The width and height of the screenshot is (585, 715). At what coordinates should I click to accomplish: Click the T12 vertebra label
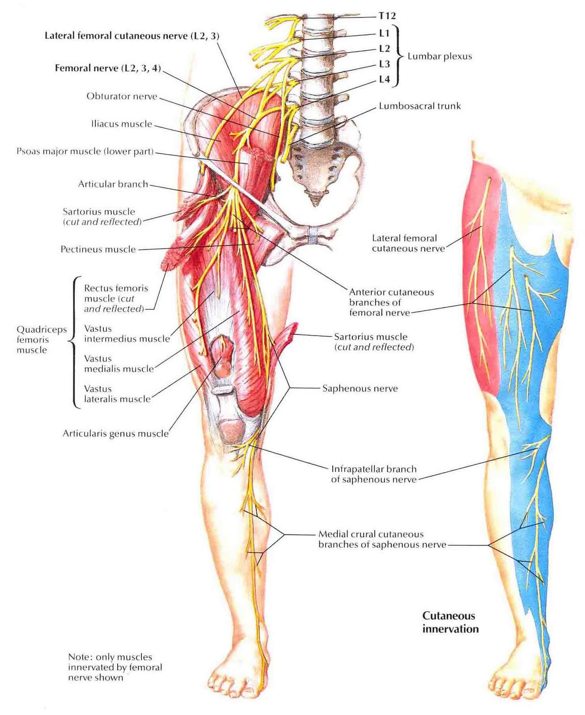(x=387, y=16)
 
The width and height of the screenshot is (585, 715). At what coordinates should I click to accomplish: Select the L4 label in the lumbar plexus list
(x=384, y=80)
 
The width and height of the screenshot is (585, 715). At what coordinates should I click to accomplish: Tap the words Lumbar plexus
(x=440, y=56)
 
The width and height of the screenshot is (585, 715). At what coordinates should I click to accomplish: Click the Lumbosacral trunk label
(x=420, y=106)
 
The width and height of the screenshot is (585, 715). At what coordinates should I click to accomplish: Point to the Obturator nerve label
(x=122, y=96)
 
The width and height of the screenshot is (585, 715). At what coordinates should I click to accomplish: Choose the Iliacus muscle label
(x=122, y=124)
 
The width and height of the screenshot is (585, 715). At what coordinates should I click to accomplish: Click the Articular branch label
(x=113, y=184)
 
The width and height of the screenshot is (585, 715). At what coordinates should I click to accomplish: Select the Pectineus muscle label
(x=98, y=249)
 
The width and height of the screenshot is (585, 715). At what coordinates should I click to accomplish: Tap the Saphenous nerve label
(x=360, y=388)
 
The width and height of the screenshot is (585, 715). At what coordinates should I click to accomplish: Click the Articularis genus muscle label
(x=115, y=433)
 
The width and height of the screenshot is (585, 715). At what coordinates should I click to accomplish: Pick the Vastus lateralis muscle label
(x=117, y=394)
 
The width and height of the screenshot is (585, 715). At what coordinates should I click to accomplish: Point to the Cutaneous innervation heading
(x=450, y=622)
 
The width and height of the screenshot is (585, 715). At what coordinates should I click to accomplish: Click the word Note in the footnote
(x=79, y=657)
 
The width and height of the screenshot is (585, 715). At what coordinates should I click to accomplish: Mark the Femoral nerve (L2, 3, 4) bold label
(x=107, y=68)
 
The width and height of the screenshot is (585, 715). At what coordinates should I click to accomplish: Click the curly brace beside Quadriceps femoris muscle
(x=73, y=342)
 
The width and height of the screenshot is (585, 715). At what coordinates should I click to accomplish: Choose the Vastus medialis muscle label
(x=119, y=363)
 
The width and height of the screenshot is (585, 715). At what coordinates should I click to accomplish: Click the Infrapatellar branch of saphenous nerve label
(x=373, y=474)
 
